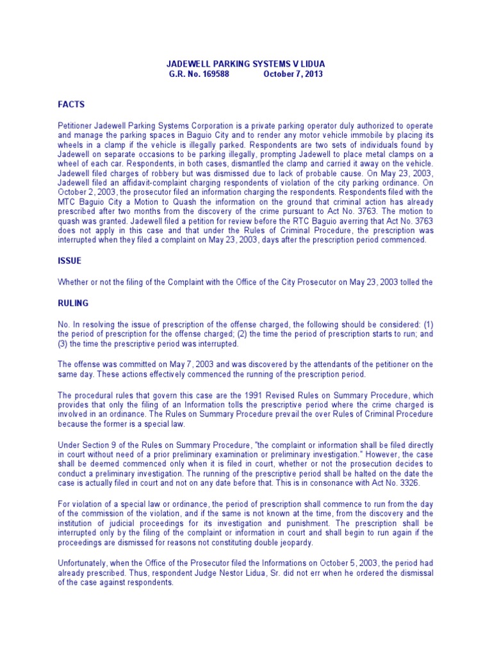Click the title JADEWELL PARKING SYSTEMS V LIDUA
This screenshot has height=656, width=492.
tap(245, 64)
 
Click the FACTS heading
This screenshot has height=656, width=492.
tap(71, 104)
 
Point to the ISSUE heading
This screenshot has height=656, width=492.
tap(70, 261)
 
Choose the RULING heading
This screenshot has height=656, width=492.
tap(73, 303)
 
